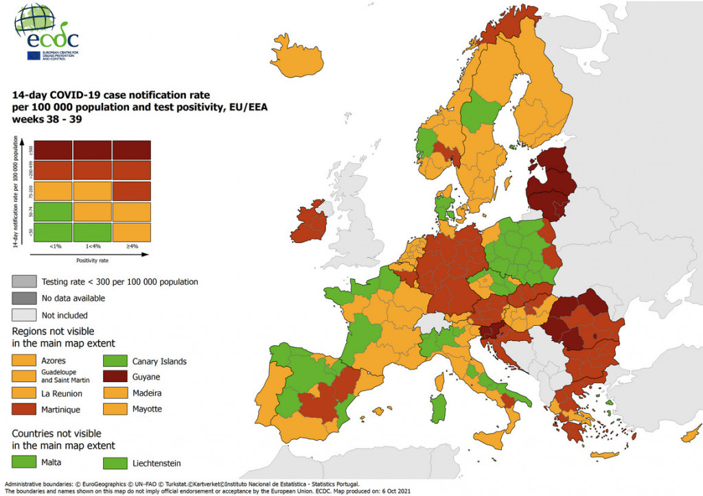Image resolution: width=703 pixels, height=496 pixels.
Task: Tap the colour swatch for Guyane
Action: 115,377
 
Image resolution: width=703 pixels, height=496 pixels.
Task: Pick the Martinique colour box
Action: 24,410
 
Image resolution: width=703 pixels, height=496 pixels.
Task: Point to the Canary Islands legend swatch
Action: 115,361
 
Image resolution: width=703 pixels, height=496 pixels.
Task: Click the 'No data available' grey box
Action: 24,298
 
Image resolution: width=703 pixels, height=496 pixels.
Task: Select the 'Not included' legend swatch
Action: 24,315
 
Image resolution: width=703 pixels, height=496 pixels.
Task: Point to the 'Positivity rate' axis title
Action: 91,261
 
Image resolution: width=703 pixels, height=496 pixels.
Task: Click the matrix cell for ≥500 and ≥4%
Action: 131,150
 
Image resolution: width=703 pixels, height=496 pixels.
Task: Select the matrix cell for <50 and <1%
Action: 53,232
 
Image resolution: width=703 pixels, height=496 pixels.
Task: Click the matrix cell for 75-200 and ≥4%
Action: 131,191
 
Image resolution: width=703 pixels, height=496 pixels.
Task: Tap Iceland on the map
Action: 297,56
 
